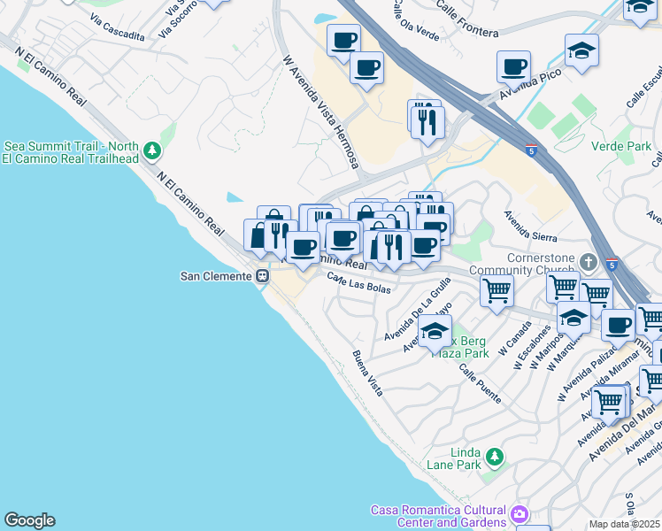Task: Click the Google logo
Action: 29,520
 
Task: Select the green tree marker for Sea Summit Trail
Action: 153,151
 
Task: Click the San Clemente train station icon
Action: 262,276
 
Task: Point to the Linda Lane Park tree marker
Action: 495,457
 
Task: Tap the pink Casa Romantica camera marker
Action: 520,513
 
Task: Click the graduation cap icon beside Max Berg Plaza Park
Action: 435,330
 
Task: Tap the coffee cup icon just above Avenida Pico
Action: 513,66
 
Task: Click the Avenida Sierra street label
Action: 530,225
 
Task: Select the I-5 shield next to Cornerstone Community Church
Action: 613,264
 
